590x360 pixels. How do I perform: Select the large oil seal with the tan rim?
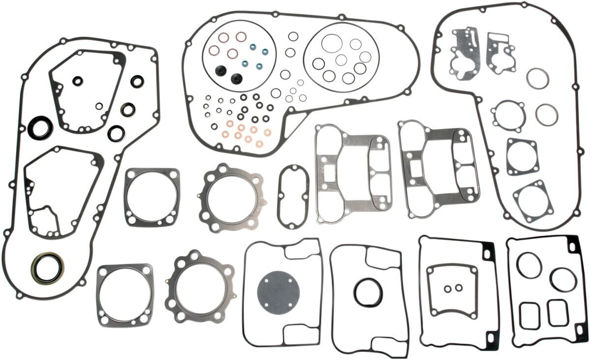(47, 268)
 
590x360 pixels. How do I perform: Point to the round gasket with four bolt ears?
(508, 116)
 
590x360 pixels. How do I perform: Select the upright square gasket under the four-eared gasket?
(522, 156)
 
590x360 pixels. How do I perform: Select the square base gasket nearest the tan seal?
(124, 294)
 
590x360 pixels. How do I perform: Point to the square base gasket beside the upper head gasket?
(152, 197)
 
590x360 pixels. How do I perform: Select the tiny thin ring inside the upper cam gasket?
(99, 105)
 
